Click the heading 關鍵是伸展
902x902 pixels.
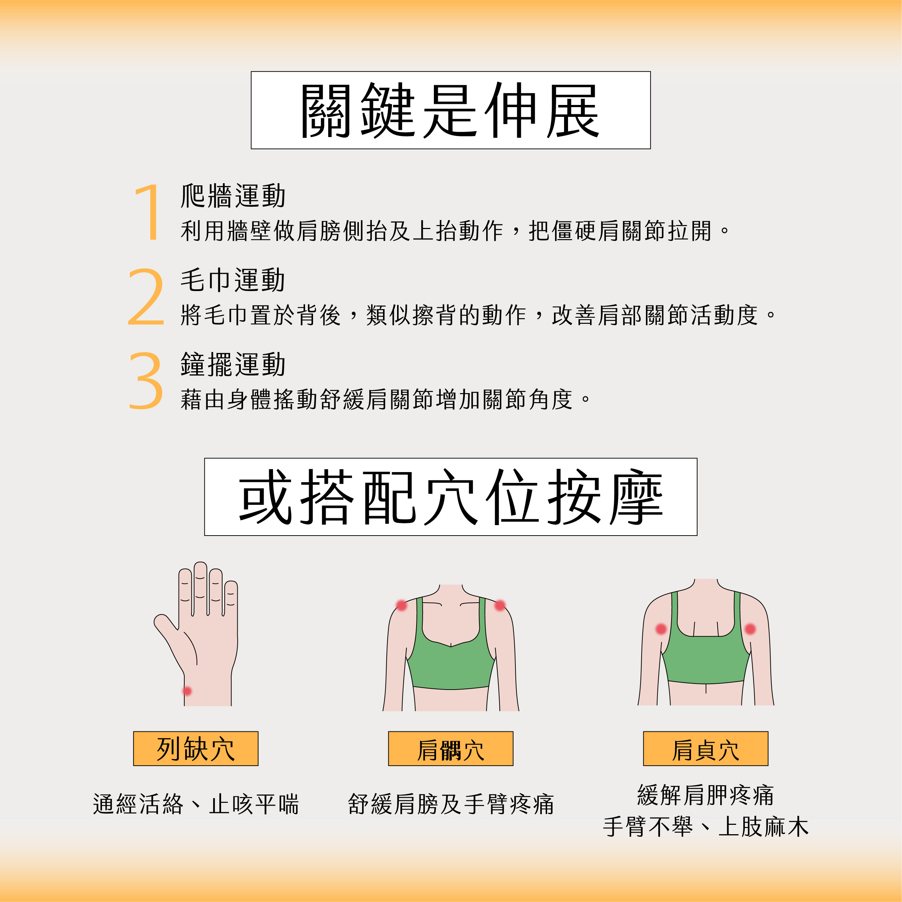[x=450, y=110]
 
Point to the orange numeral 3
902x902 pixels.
[x=146, y=380]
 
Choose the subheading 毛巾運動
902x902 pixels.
[x=233, y=280]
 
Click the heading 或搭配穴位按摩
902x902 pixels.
[x=450, y=497]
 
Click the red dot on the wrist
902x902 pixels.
[x=187, y=691]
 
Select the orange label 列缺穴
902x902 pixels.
[x=195, y=749]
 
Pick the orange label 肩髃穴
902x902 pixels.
[x=450, y=749]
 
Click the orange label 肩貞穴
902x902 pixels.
[x=705, y=749]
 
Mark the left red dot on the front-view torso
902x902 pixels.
[x=401, y=606]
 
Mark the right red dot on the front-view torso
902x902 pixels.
[x=500, y=606]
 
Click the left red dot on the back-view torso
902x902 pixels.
[x=661, y=629]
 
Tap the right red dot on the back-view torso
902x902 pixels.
[x=750, y=629]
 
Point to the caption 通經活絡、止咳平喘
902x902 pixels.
[x=195, y=804]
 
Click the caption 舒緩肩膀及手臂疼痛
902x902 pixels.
[x=450, y=804]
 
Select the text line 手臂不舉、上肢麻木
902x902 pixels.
[x=705, y=827]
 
